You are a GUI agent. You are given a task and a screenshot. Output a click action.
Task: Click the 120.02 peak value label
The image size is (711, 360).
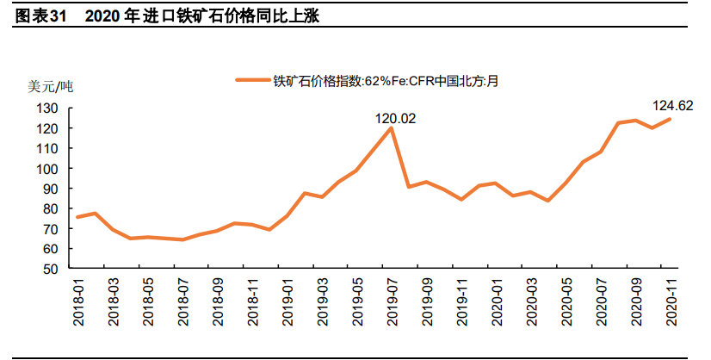tap(395, 118)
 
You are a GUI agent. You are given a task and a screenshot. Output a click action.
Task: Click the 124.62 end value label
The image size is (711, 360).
tap(672, 107)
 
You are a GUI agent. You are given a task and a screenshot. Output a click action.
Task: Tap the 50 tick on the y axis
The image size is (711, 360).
tap(51, 269)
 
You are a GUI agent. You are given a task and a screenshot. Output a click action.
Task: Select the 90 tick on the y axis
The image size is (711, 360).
tap(51, 189)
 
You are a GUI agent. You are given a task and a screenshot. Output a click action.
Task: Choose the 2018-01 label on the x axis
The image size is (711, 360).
tap(79, 300)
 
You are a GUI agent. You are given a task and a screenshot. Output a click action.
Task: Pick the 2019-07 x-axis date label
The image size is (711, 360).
tap(393, 300)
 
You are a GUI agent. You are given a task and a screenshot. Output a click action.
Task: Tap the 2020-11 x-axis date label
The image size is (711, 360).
tap(671, 300)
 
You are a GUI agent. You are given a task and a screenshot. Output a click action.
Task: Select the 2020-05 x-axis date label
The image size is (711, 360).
tap(566, 300)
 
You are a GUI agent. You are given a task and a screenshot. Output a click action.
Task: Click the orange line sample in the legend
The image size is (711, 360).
tap(253, 82)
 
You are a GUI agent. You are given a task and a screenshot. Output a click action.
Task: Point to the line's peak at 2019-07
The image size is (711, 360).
tap(393, 128)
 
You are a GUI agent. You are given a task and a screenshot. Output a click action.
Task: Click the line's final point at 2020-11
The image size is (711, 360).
tap(671, 119)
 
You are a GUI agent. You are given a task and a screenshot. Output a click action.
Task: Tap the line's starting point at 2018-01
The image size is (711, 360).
tap(78, 217)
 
